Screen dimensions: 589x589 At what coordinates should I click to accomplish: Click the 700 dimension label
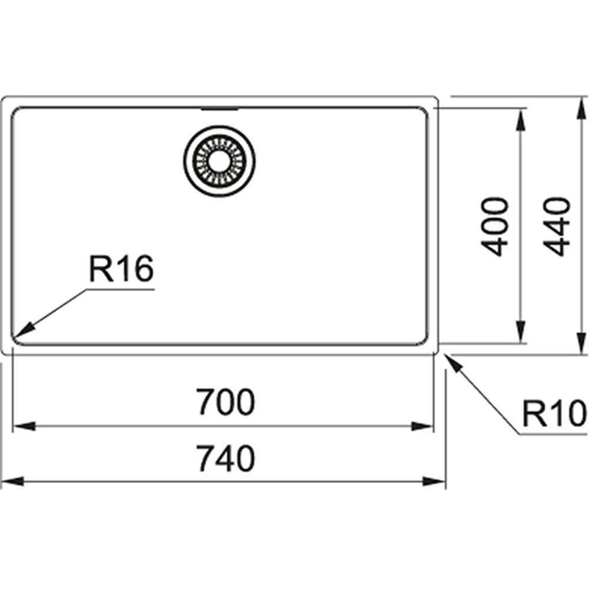coord(226,402)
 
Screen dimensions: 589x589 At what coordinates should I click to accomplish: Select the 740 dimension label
coord(226,459)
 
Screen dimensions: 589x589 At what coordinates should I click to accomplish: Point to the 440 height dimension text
coord(556,226)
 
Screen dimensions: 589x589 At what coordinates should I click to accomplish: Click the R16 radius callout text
coord(121,270)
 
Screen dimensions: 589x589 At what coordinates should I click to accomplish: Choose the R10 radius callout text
coord(551,413)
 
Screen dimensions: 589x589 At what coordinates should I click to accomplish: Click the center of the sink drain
coord(220,159)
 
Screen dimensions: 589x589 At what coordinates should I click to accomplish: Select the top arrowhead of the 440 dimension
coord(579,107)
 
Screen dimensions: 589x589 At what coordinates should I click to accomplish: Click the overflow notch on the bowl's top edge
coord(220,109)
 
